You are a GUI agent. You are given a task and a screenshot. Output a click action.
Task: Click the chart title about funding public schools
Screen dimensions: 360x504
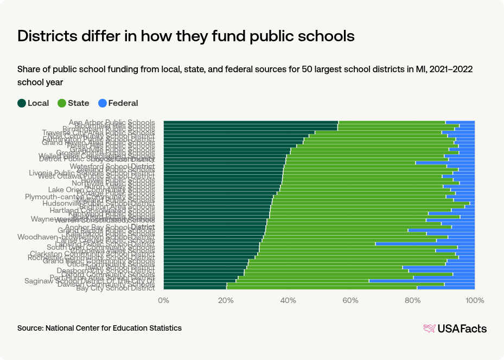pyautogui.click(x=186, y=36)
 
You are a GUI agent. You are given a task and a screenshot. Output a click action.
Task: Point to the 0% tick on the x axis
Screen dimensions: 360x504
pyautogui.click(x=163, y=300)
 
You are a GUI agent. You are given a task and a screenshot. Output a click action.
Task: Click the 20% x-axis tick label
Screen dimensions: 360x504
pyautogui.click(x=226, y=300)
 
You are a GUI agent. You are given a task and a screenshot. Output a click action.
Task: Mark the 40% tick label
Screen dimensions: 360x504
pyautogui.click(x=288, y=300)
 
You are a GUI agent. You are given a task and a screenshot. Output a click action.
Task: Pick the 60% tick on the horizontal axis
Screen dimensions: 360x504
pyautogui.click(x=350, y=300)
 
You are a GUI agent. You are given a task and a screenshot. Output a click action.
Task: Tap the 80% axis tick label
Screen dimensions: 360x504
pyautogui.click(x=413, y=300)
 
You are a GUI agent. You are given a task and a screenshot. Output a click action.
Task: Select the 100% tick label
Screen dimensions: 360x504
pyautogui.click(x=475, y=300)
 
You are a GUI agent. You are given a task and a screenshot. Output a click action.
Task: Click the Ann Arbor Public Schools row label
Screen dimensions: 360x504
pyautogui.click(x=112, y=122)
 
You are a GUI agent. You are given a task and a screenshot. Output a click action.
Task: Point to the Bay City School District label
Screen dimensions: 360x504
pyautogui.click(x=115, y=288)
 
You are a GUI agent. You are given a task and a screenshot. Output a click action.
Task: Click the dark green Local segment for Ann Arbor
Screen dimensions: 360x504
pyautogui.click(x=250, y=122)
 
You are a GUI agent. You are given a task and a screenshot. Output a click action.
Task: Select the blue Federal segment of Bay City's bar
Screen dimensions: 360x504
pyautogui.click(x=446, y=288)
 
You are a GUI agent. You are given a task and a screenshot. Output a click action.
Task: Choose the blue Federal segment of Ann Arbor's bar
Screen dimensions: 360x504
pyautogui.click(x=460, y=122)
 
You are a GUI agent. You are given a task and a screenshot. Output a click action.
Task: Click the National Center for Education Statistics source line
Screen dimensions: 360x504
pyautogui.click(x=99, y=328)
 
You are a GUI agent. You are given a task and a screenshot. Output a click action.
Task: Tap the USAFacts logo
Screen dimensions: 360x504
pyautogui.click(x=455, y=329)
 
